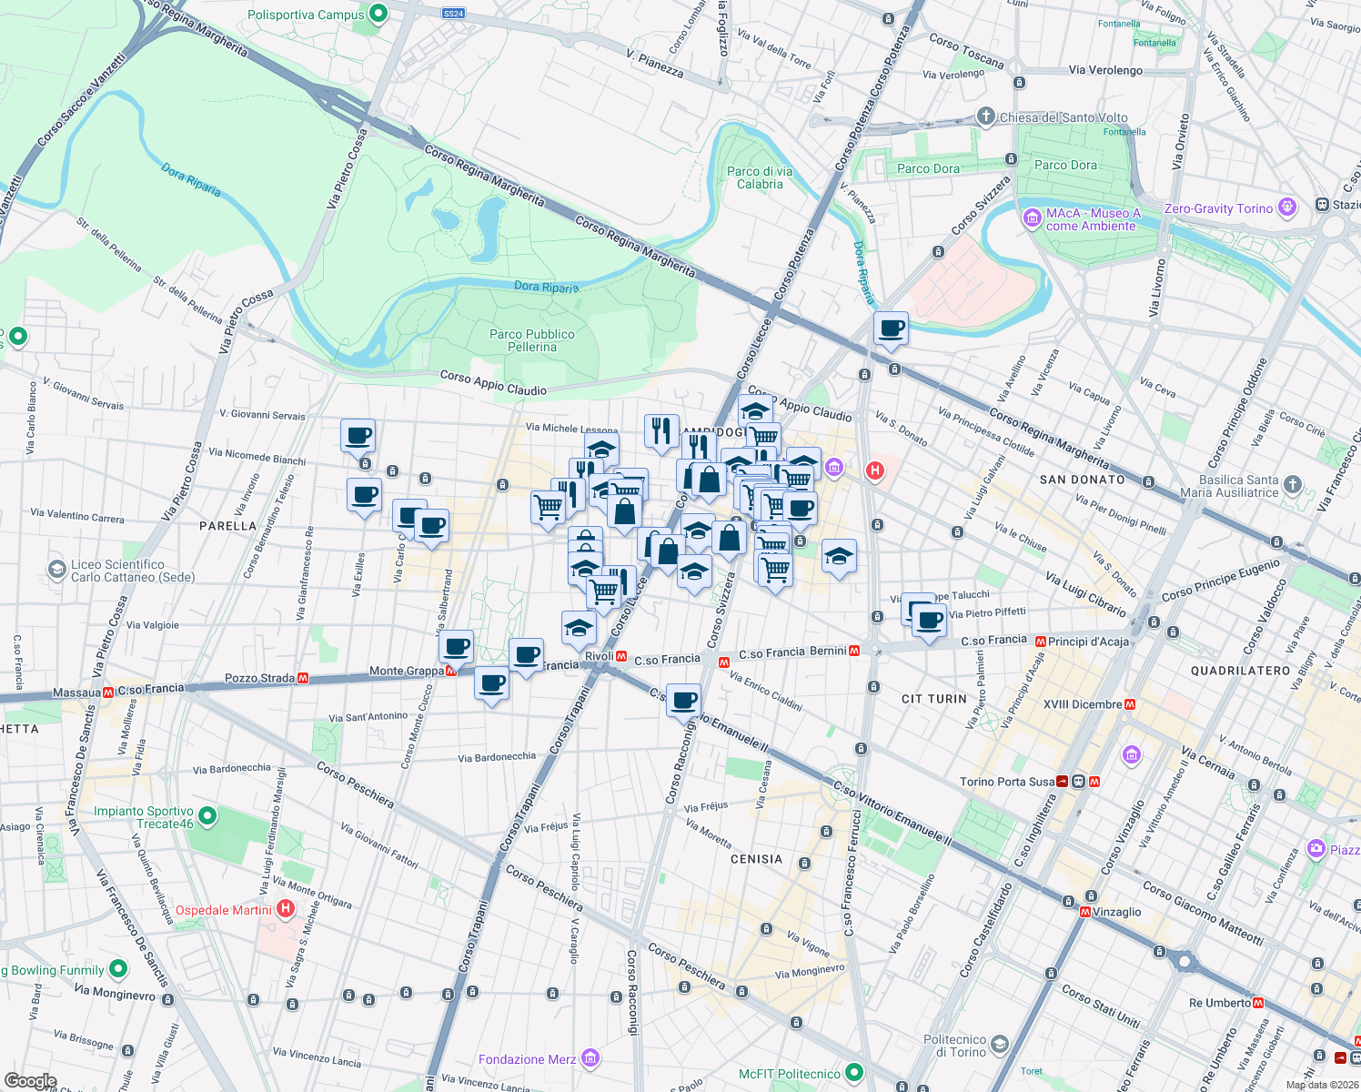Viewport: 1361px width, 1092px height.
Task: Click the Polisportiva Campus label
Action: (306, 15)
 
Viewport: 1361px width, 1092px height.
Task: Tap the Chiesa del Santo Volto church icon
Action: (985, 116)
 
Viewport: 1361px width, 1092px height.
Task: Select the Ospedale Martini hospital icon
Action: (286, 909)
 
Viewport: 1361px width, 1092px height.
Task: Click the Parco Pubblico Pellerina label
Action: (532, 340)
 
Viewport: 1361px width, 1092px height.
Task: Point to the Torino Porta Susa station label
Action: (1007, 782)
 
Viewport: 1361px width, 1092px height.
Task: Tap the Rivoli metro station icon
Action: (621, 656)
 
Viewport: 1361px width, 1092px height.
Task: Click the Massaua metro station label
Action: (76, 693)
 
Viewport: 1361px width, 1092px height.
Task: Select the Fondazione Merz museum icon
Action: (590, 1058)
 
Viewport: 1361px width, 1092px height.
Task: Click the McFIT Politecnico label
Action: (790, 1074)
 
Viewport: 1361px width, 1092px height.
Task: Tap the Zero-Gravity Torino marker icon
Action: (1287, 207)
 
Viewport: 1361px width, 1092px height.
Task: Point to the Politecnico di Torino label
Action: (954, 1046)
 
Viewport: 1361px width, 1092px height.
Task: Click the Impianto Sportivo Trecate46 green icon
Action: (207, 816)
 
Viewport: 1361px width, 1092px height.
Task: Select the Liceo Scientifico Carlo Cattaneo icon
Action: (57, 571)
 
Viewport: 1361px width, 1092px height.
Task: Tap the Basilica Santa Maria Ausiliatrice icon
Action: (1293, 485)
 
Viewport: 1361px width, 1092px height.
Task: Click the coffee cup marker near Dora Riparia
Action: (891, 329)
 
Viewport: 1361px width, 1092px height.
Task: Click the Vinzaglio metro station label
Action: (1116, 912)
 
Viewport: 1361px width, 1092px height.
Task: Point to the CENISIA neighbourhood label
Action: (756, 859)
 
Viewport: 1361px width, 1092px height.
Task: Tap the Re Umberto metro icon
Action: (1258, 1003)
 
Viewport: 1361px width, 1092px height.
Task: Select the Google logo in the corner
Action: (30, 1081)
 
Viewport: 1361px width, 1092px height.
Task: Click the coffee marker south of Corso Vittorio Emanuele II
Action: (684, 701)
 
